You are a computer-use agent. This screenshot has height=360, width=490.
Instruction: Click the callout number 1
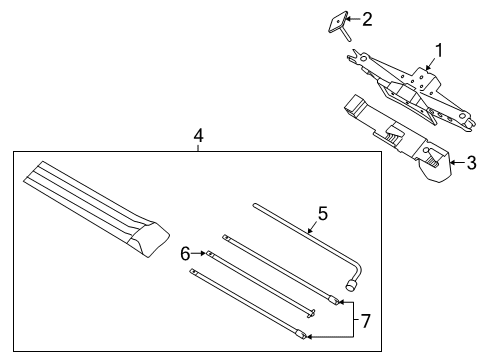(436, 49)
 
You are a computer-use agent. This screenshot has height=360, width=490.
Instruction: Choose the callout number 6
(184, 254)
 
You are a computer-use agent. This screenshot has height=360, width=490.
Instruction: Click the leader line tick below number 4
(198, 147)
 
